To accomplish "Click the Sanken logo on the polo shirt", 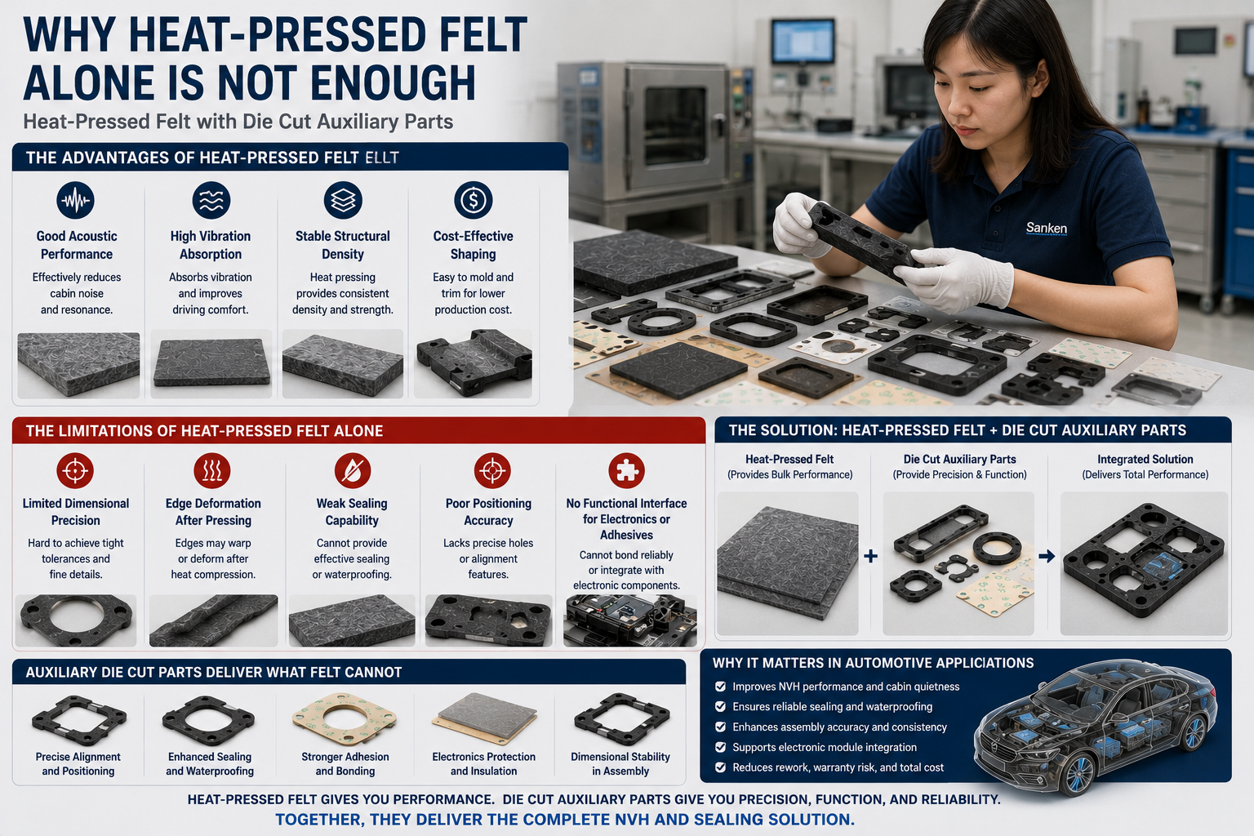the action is pyautogui.click(x=1047, y=229).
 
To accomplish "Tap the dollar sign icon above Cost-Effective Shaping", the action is pyautogui.click(x=473, y=200).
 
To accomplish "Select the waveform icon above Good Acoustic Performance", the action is pyautogui.click(x=76, y=200).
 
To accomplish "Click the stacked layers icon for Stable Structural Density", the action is pyautogui.click(x=343, y=200).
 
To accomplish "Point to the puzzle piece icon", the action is pyautogui.click(x=626, y=470).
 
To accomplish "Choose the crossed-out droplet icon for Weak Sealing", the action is pyautogui.click(x=352, y=470).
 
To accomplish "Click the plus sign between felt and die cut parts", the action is pyautogui.click(x=870, y=556).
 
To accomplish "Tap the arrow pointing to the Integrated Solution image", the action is pyautogui.click(x=1047, y=556).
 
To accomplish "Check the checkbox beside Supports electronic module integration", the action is pyautogui.click(x=721, y=747).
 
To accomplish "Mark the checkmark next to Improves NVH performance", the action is pyautogui.click(x=721, y=687).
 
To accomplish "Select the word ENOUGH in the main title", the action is pyautogui.click(x=393, y=82).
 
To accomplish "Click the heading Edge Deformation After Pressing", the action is pyautogui.click(x=213, y=512).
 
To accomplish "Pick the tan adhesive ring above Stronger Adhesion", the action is pyautogui.click(x=345, y=718).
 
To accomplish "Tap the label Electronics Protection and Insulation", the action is pyautogui.click(x=483, y=764).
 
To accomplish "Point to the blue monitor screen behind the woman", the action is pyautogui.click(x=803, y=42).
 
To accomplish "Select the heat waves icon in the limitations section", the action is pyautogui.click(x=212, y=470).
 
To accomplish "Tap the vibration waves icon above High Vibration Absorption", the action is pyautogui.click(x=211, y=200).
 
